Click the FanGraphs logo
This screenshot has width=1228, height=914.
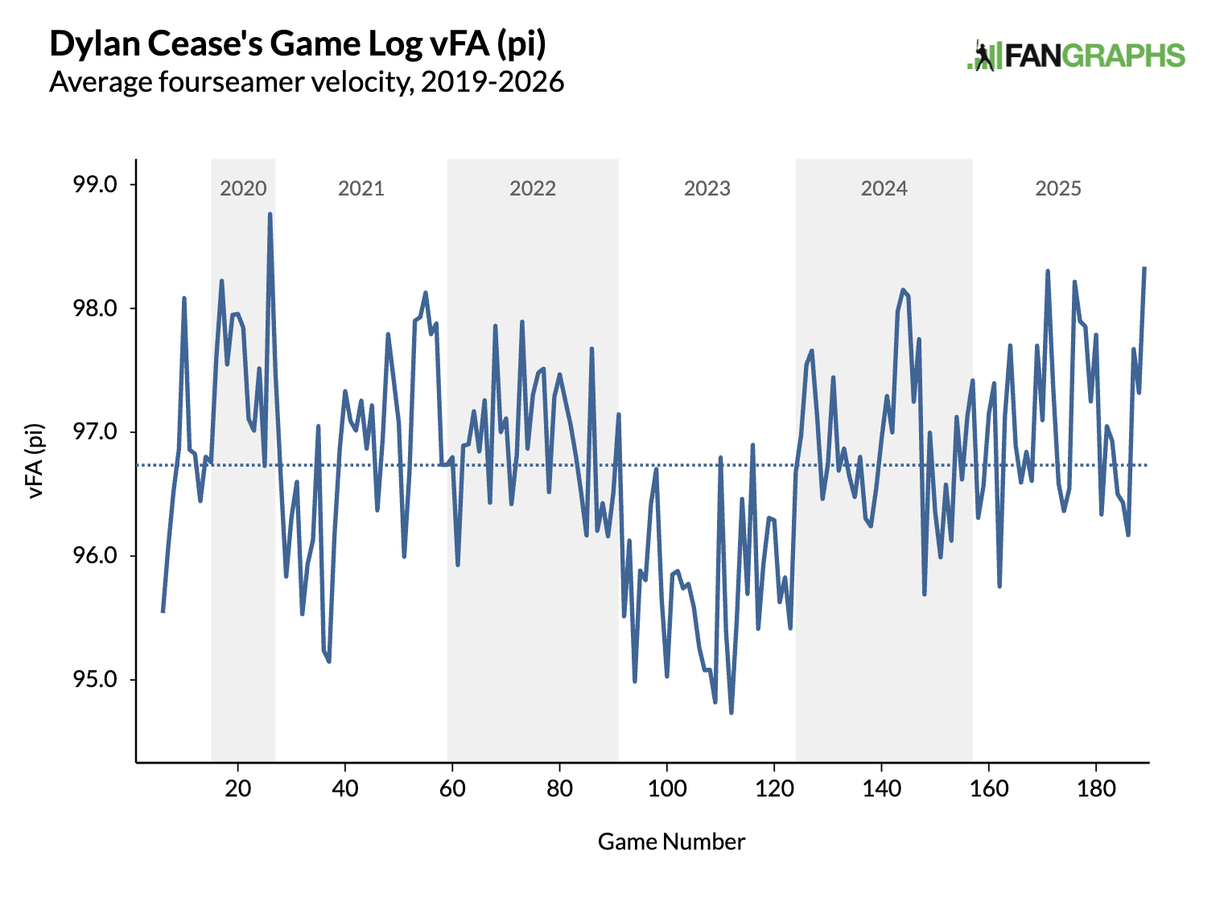point(1076,56)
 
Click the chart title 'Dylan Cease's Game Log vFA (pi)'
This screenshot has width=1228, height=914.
point(298,43)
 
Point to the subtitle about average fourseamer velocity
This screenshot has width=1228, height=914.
point(307,82)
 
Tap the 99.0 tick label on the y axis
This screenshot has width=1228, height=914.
point(95,184)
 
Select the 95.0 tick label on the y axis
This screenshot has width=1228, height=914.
point(95,680)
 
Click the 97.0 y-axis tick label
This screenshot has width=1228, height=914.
point(95,432)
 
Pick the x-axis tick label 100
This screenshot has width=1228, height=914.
point(667,788)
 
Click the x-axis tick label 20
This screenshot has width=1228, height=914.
point(238,788)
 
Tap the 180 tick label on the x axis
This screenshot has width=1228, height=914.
point(1096,788)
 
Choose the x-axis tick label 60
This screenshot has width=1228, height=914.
point(452,788)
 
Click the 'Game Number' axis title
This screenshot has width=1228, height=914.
point(671,842)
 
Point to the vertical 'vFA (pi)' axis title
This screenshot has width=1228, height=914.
point(35,461)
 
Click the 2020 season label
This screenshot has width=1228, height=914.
point(243,188)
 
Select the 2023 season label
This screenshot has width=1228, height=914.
point(707,188)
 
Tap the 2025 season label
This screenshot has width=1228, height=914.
point(1058,188)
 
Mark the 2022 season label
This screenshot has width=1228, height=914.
point(533,188)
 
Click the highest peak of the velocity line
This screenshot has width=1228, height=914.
point(270,214)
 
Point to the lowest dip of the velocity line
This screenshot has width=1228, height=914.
point(731,712)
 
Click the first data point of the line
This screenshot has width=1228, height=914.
point(163,611)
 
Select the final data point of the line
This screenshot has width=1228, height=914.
point(1144,268)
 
